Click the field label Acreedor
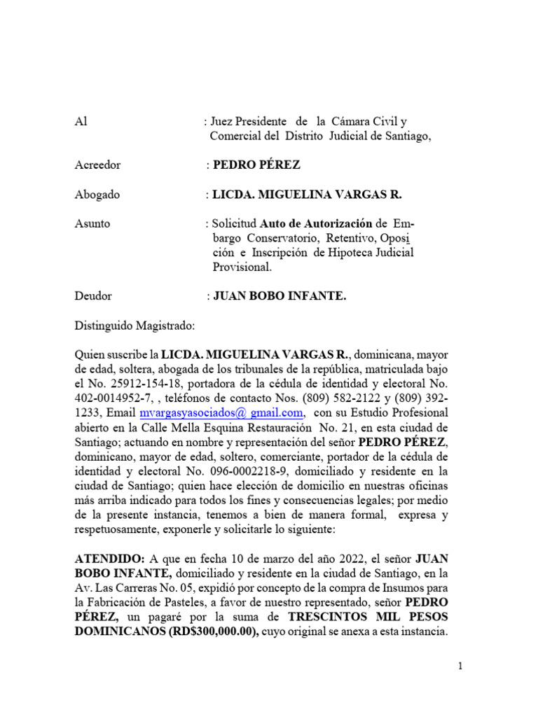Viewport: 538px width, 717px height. (x=97, y=165)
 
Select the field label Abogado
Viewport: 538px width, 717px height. (x=97, y=195)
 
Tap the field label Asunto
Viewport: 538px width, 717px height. (x=92, y=224)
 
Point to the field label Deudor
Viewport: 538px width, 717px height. (x=93, y=296)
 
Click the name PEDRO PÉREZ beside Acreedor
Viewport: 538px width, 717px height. (x=256, y=165)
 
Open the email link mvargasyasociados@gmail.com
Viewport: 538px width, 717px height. (x=221, y=413)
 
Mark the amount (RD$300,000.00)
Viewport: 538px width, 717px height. (x=202, y=632)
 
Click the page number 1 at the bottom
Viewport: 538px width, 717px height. (x=460, y=667)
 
